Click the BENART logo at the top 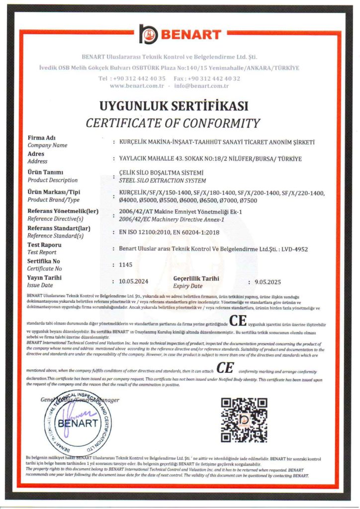[180, 34]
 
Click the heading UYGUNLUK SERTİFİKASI [174, 106]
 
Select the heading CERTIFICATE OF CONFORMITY [173, 123]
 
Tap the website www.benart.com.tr [137, 86]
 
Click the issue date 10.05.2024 [134, 282]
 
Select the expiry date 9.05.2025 [268, 282]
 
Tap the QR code [244, 420]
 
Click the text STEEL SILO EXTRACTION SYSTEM [162, 180]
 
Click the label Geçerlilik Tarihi [196, 278]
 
